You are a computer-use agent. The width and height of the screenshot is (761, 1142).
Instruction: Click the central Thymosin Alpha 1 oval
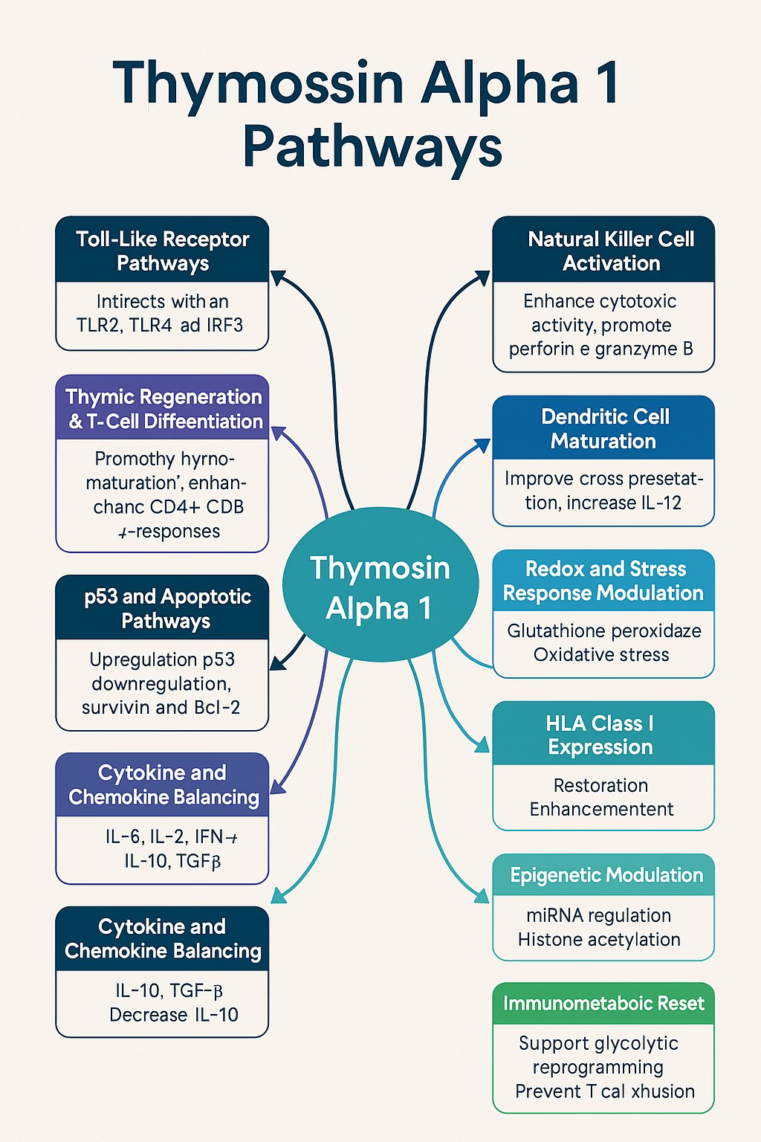(x=380, y=587)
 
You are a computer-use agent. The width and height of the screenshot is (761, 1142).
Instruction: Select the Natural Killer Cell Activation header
(x=603, y=251)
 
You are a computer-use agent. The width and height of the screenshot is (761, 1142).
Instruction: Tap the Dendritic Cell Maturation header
(x=603, y=428)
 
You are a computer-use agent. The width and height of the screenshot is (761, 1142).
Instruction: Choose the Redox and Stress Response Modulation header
(x=603, y=581)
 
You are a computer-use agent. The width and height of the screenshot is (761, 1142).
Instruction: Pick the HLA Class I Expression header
(x=603, y=735)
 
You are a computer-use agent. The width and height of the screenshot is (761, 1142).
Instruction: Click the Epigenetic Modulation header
(x=603, y=875)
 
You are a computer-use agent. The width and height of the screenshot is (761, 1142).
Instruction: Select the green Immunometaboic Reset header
(x=603, y=1003)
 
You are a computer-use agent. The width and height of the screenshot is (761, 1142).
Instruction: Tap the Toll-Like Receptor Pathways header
(x=162, y=251)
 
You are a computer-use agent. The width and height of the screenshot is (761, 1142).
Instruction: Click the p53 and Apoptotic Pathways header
(x=162, y=608)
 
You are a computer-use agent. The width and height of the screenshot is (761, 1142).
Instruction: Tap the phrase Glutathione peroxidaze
(x=603, y=631)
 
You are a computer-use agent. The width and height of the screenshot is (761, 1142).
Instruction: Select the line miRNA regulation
(x=598, y=915)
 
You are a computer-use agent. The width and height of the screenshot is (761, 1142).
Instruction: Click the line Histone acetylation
(x=598, y=939)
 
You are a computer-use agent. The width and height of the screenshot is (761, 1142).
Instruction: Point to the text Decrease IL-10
(x=173, y=1014)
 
